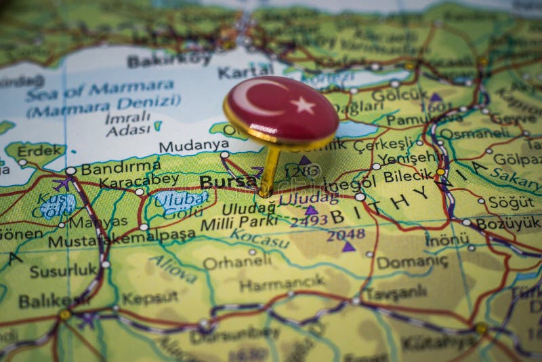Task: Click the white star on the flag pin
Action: pyautogui.click(x=303, y=105)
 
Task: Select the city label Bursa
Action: pyautogui.click(x=219, y=182)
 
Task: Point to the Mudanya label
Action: pyautogui.click(x=193, y=146)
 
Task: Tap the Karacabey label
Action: pyautogui.click(x=139, y=180)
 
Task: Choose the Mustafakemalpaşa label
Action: pyautogui.click(x=111, y=241)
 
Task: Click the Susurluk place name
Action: pyautogui.click(x=64, y=270)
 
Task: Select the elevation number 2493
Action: pyautogui.click(x=308, y=220)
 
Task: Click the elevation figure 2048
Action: pyautogui.click(x=346, y=235)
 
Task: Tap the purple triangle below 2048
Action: pyautogui.click(x=348, y=247)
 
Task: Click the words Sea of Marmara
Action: pyautogui.click(x=100, y=88)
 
